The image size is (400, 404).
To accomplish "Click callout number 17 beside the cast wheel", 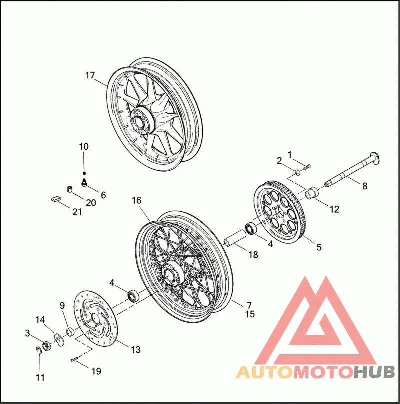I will (x=90, y=76).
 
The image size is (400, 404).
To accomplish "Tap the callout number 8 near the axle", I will (x=364, y=186).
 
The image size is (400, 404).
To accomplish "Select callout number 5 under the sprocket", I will (x=319, y=247).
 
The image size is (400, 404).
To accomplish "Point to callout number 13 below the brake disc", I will (x=136, y=350).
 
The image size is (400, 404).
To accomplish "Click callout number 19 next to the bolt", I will (x=96, y=371).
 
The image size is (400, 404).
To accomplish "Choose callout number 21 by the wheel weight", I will (x=76, y=212).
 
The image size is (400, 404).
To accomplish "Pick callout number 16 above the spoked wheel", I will (x=137, y=200).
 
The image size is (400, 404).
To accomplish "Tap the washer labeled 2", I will (x=297, y=172).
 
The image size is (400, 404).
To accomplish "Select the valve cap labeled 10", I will (x=84, y=172).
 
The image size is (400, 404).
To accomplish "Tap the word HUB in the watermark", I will (x=375, y=372).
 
